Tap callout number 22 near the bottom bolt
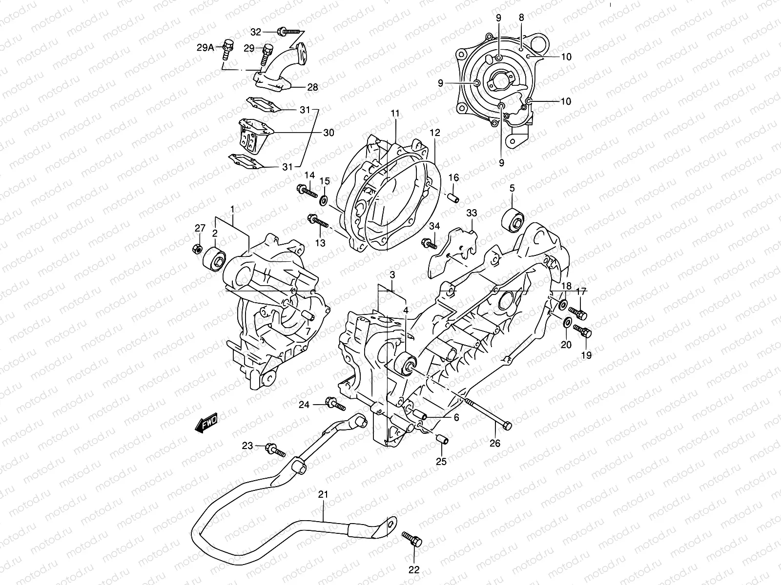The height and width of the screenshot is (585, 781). tap(414, 570)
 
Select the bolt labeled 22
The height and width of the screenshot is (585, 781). tap(412, 539)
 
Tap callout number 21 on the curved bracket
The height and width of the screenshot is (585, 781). tap(324, 494)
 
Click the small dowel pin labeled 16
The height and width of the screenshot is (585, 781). tap(453, 198)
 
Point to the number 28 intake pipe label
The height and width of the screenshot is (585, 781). tap(326, 87)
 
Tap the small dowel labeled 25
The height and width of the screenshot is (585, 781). tap(443, 440)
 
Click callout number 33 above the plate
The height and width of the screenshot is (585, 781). tap(472, 213)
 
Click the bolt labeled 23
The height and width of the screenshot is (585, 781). tap(275, 449)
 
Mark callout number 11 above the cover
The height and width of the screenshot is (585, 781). tap(394, 113)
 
